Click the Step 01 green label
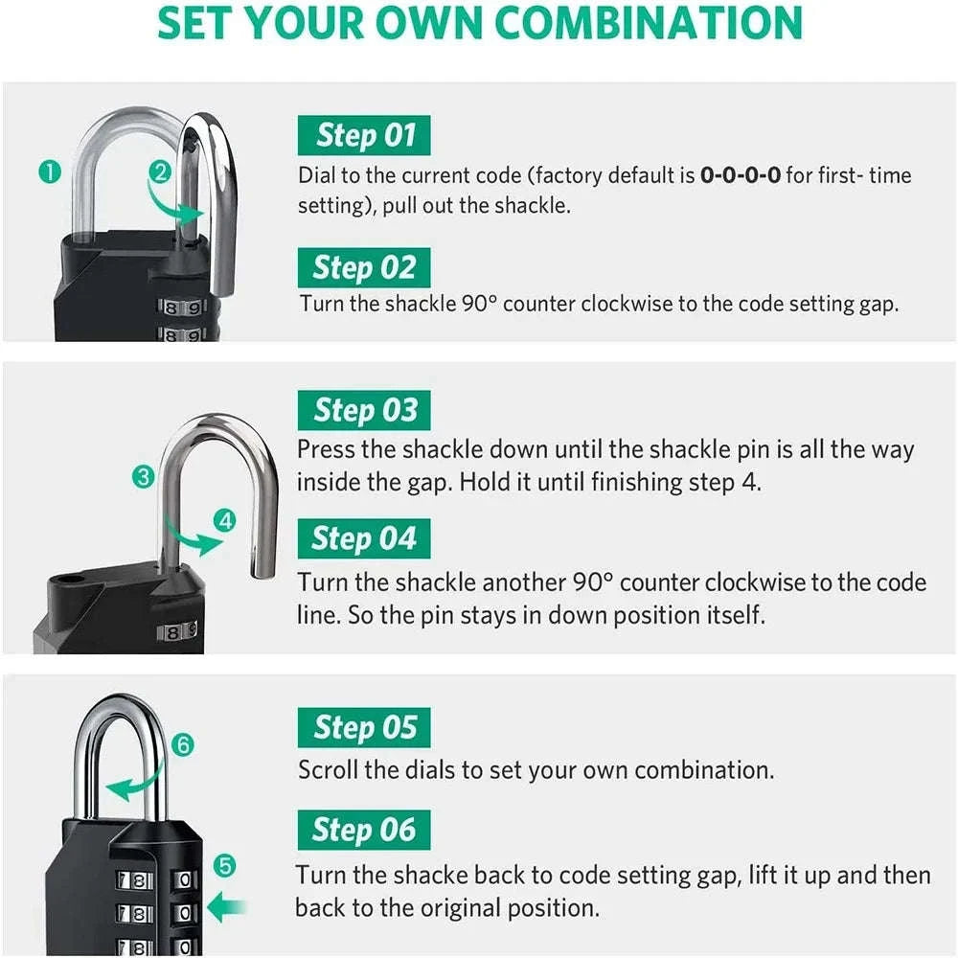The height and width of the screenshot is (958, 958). point(364,135)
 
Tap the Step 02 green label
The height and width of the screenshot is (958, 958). point(364,268)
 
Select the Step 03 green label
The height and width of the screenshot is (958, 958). point(364,411)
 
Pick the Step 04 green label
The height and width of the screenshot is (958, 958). point(364,539)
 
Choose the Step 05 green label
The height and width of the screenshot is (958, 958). point(364,728)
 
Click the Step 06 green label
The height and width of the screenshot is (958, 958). point(364,830)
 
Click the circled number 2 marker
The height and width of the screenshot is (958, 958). point(160,172)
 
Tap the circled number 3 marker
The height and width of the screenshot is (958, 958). point(144,476)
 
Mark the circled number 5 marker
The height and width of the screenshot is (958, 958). point(223,867)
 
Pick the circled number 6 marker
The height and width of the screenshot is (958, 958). point(184,744)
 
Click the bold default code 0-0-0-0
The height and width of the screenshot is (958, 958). point(741,175)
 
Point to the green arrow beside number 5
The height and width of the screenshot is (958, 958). point(227,905)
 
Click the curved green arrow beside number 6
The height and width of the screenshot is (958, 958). point(134,786)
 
